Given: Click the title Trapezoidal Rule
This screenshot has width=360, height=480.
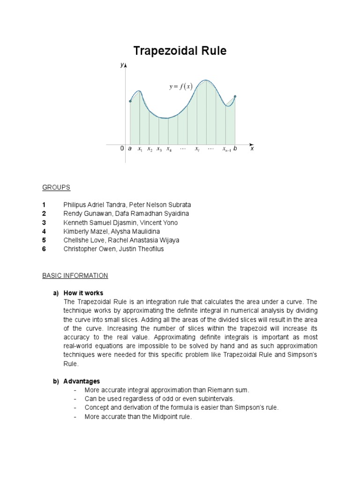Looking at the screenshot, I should [x=180, y=51].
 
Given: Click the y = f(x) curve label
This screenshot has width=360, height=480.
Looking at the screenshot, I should [x=180, y=86].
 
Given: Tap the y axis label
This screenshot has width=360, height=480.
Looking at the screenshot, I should [x=122, y=66].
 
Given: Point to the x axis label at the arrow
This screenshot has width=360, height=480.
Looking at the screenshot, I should [x=252, y=149].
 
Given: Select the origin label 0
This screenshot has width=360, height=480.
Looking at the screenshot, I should [x=122, y=149].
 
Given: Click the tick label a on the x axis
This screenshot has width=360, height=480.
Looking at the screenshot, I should [x=130, y=149].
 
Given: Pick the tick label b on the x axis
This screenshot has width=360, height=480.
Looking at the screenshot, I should [x=235, y=149].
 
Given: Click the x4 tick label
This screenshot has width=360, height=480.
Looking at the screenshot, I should [x=169, y=149].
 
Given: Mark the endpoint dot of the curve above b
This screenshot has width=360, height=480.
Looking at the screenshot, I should [x=235, y=97].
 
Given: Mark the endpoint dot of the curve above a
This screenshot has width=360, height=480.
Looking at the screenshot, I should [x=130, y=101].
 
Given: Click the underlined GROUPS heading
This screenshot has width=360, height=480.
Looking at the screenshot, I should [x=56, y=187].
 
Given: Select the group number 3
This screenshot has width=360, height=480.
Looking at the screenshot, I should [x=44, y=223].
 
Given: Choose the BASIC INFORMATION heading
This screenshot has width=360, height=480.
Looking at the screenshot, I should [x=75, y=276].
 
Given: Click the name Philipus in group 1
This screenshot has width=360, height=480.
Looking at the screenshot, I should [x=76, y=205].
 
